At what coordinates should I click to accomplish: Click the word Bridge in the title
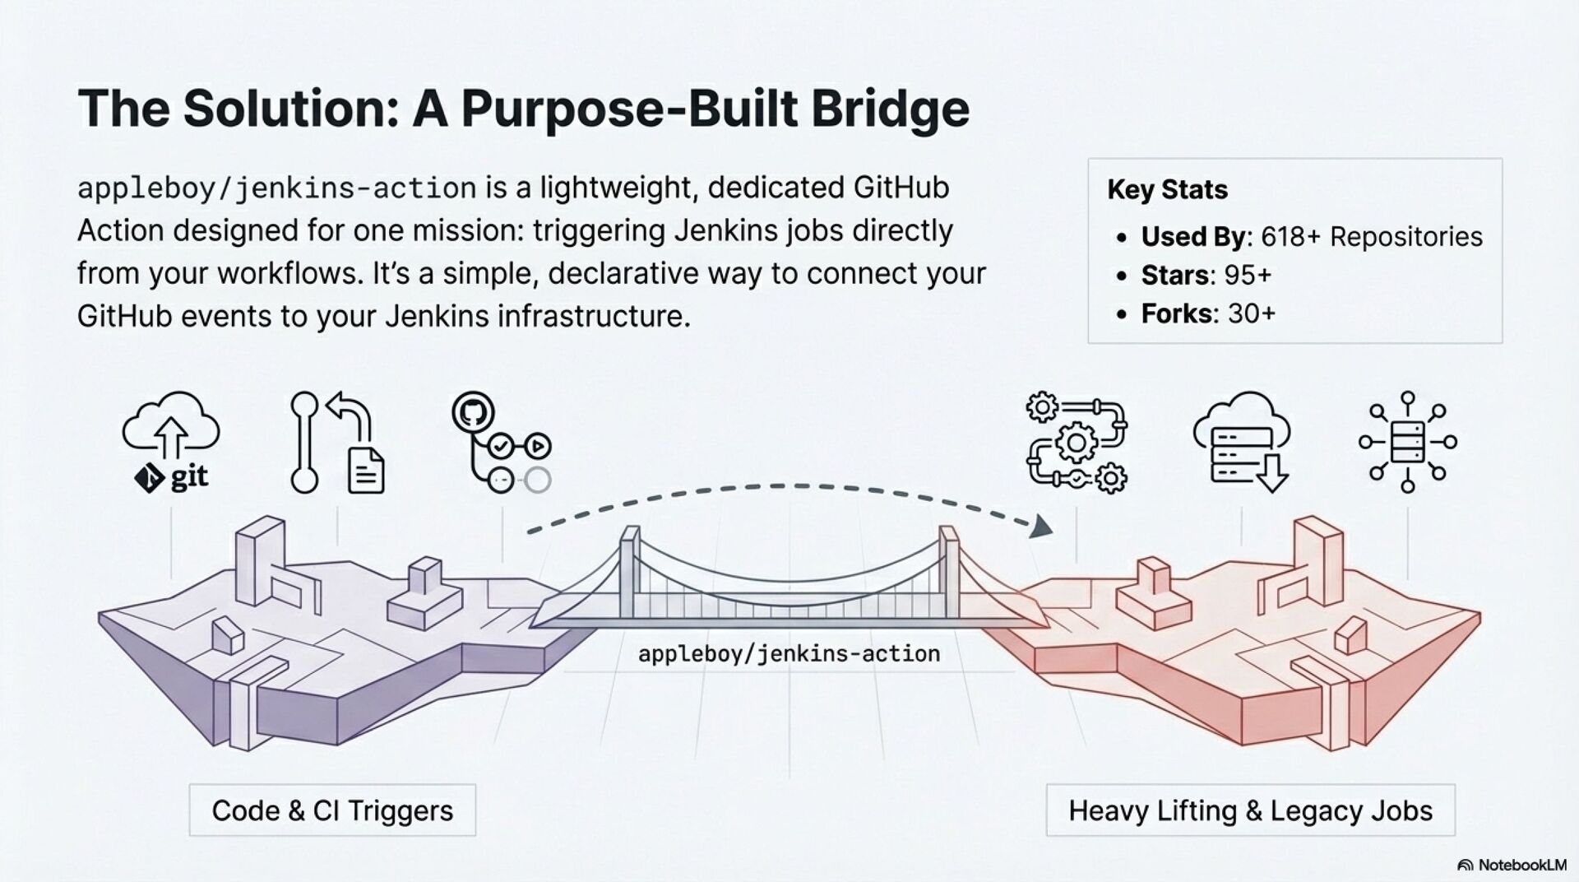click(890, 109)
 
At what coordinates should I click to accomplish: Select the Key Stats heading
click(1167, 190)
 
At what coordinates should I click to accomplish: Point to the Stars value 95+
click(1248, 275)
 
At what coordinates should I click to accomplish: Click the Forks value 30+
click(1251, 313)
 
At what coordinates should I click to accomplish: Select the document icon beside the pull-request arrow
click(366, 471)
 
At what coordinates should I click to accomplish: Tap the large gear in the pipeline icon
click(1076, 444)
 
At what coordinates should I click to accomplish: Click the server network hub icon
click(1407, 442)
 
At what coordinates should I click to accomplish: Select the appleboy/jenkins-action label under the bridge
click(789, 654)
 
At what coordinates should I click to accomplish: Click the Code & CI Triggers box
click(332, 810)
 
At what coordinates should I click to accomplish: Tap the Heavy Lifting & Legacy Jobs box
click(1250, 810)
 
